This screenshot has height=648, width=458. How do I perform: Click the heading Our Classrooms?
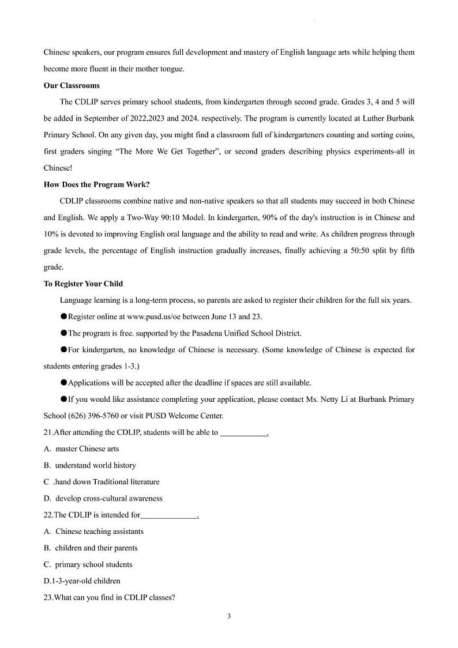pos(72,85)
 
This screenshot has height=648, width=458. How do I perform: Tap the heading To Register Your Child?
pos(83,284)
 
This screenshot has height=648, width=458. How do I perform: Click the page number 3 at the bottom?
pos(229,616)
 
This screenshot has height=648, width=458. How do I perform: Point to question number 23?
pos(48,598)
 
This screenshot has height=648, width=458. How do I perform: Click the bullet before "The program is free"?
pos(63,333)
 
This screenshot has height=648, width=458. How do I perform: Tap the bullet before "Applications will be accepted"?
pos(63,383)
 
